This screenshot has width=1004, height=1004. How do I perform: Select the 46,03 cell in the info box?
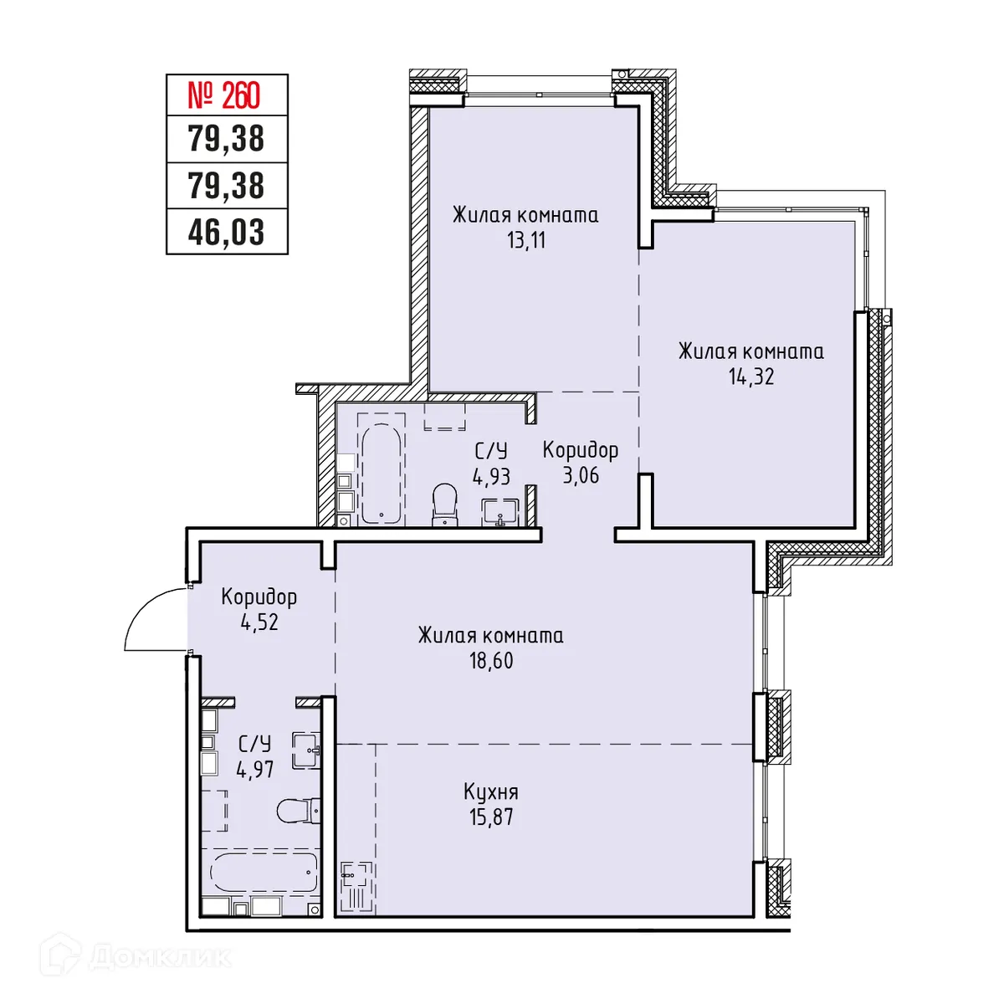[226, 232]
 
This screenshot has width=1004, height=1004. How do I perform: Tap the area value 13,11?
[525, 241]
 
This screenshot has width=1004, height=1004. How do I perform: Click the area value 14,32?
[750, 376]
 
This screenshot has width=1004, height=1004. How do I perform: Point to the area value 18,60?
[491, 661]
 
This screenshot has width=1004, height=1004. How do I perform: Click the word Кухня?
[491, 791]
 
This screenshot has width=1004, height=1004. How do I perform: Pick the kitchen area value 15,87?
[491, 817]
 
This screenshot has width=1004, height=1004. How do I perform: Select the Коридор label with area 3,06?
[580, 450]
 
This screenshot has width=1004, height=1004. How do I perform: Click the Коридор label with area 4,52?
[259, 597]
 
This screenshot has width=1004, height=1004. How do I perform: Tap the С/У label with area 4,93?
[491, 452]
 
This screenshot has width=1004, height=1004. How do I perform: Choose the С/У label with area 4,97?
[254, 744]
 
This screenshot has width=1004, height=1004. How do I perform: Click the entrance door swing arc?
[142, 611]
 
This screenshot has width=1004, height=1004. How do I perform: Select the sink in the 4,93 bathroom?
[499, 512]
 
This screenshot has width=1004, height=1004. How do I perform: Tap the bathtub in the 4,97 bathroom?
[264, 873]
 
